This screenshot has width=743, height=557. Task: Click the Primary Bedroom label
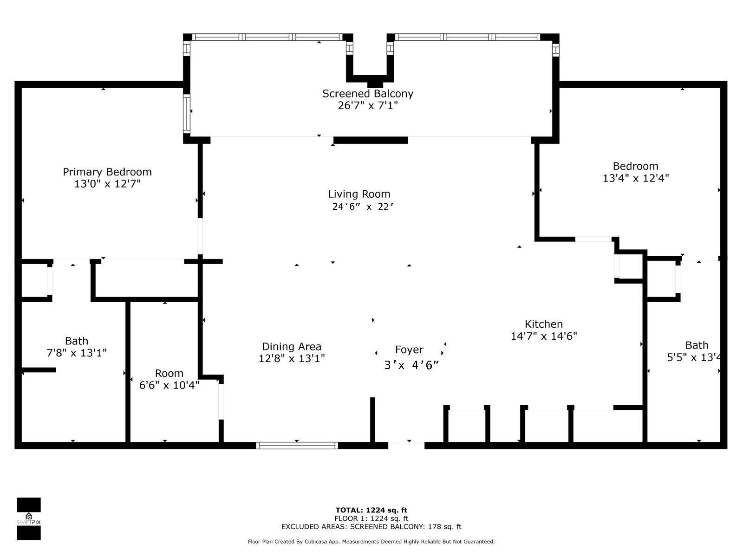(107, 172)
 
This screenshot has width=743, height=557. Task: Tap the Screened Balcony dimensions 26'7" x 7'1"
(368, 105)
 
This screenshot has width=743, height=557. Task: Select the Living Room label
(359, 194)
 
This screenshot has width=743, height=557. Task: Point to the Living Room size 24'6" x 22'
(363, 207)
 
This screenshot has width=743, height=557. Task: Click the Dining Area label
(291, 346)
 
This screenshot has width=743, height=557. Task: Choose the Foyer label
(409, 350)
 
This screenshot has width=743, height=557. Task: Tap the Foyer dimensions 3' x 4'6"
(411, 365)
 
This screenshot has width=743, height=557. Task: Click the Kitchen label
(543, 324)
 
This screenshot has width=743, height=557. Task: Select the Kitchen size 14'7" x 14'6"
(543, 336)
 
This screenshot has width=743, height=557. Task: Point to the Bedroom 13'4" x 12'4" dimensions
(635, 178)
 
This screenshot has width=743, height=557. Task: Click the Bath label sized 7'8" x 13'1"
(77, 341)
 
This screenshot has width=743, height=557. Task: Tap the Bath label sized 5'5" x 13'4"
(697, 345)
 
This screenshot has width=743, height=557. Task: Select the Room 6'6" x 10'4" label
(169, 373)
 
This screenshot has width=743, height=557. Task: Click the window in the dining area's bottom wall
(297, 446)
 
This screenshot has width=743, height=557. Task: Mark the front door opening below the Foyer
(406, 446)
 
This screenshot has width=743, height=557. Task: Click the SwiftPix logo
(29, 519)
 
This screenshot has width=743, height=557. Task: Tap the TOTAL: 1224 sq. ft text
(371, 510)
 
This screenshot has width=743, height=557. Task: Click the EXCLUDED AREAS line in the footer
(371, 527)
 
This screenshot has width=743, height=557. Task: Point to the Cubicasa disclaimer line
(371, 542)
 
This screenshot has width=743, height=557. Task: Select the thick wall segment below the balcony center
(371, 140)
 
